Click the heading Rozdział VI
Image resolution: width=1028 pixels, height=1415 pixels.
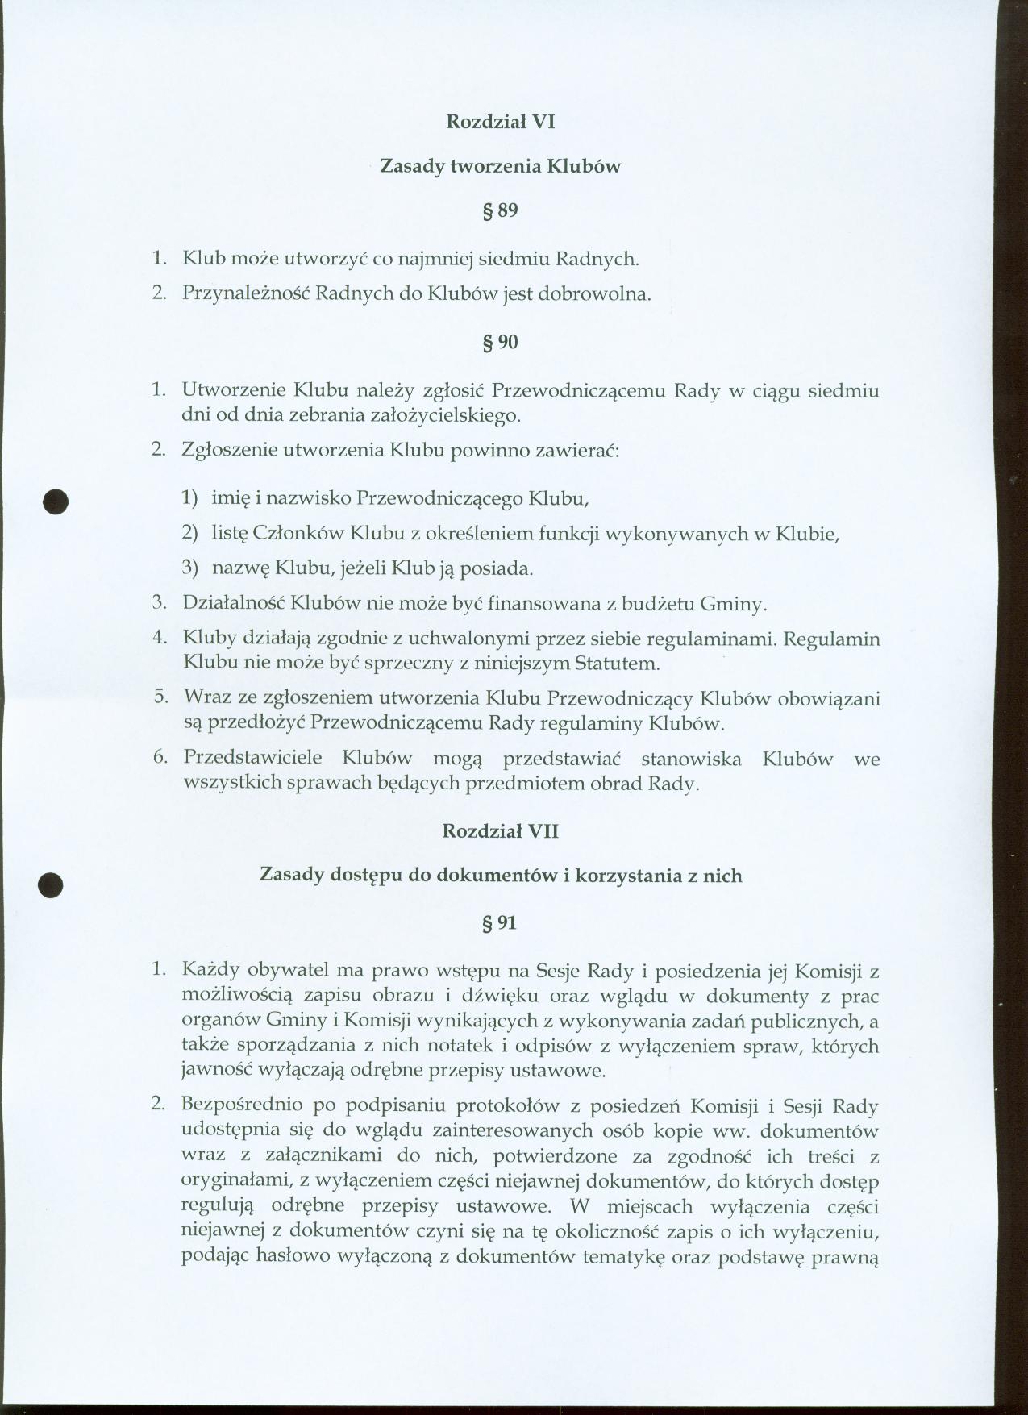[x=500, y=122]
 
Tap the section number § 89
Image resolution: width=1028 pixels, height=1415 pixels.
[x=499, y=211]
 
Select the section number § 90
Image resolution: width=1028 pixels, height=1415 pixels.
[x=499, y=342]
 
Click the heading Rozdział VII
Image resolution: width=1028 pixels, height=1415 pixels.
[x=500, y=831]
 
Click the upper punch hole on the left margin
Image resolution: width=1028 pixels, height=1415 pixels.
[x=56, y=501]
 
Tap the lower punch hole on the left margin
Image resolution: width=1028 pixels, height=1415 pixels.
[x=51, y=884]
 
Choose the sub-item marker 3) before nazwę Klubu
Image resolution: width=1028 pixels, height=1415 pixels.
[x=189, y=568]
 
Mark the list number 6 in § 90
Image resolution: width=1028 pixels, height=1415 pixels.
[x=160, y=757]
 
